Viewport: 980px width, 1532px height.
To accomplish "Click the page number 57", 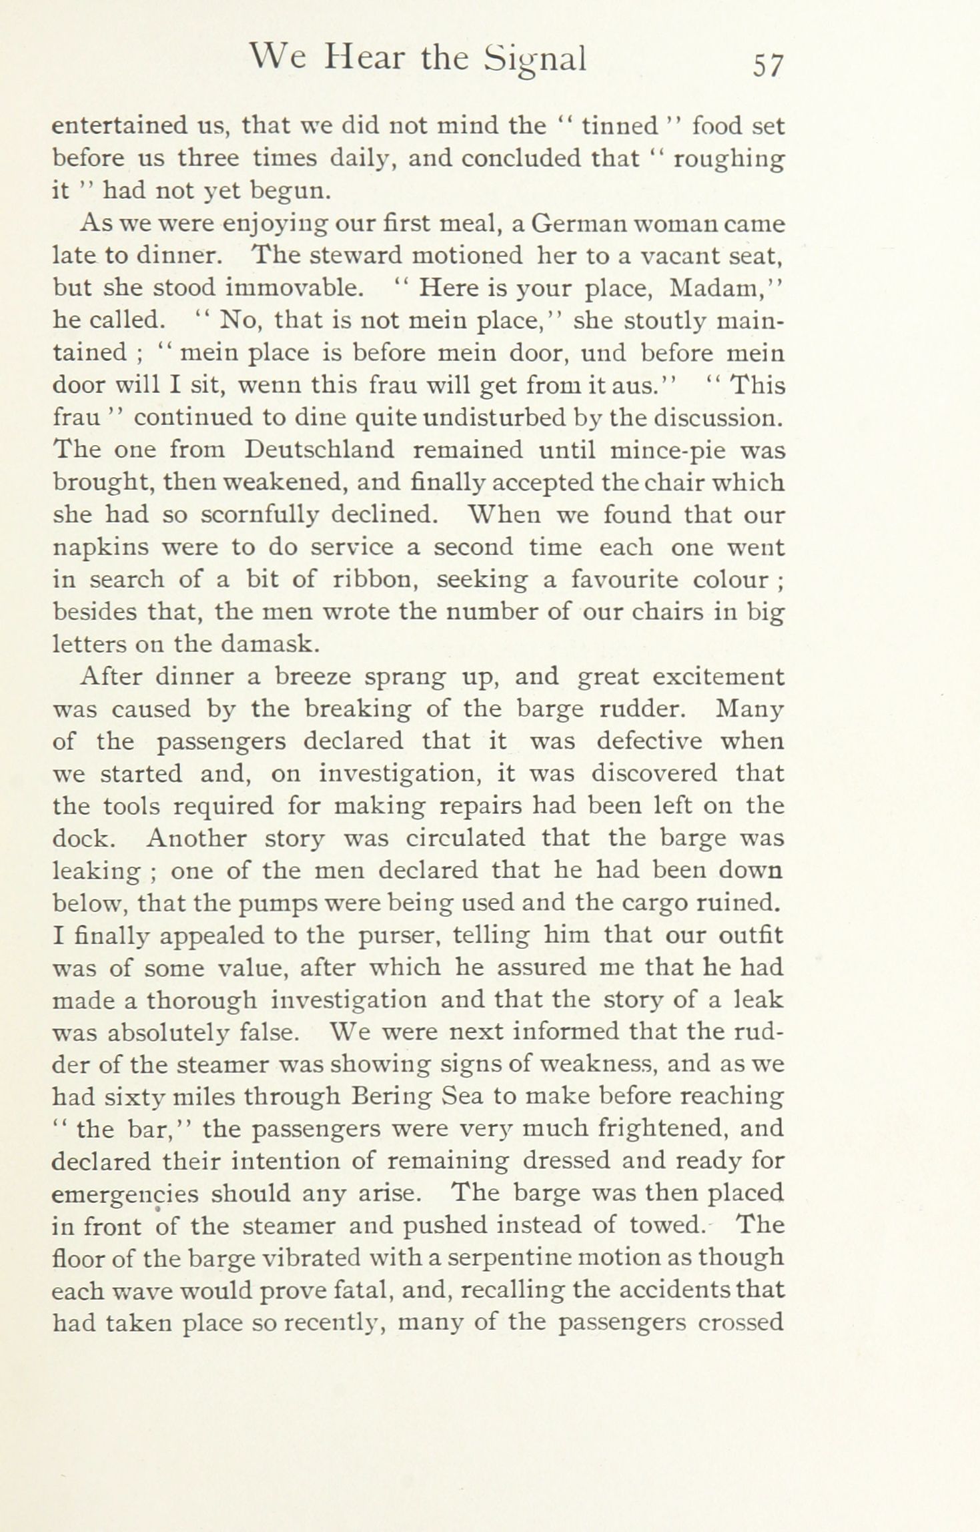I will tap(767, 65).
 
